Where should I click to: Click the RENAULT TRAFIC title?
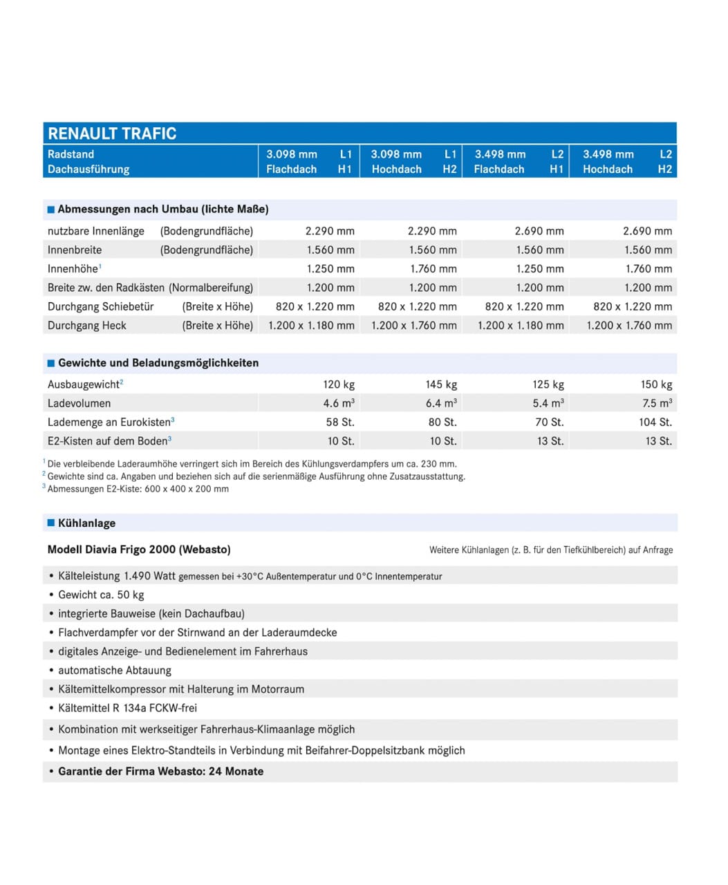point(112,133)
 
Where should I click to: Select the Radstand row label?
point(71,154)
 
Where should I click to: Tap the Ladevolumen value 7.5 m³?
point(657,403)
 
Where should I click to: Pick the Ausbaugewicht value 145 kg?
point(441,384)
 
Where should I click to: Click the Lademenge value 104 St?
point(655,422)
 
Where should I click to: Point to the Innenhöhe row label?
point(73,269)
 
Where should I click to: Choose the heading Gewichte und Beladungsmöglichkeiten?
point(158,363)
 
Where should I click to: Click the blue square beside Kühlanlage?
point(50,523)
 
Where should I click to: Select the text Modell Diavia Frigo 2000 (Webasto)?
point(139,550)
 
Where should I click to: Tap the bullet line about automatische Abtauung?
point(115,670)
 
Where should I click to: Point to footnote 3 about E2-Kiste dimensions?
point(138,489)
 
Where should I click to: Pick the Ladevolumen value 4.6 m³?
point(339,403)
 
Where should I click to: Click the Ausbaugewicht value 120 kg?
point(339,384)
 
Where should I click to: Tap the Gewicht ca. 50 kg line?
point(101,595)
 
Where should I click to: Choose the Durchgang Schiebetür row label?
point(101,306)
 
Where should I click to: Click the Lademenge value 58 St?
point(340,422)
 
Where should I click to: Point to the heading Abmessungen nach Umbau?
point(163,209)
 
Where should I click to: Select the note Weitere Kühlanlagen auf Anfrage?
point(550,550)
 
